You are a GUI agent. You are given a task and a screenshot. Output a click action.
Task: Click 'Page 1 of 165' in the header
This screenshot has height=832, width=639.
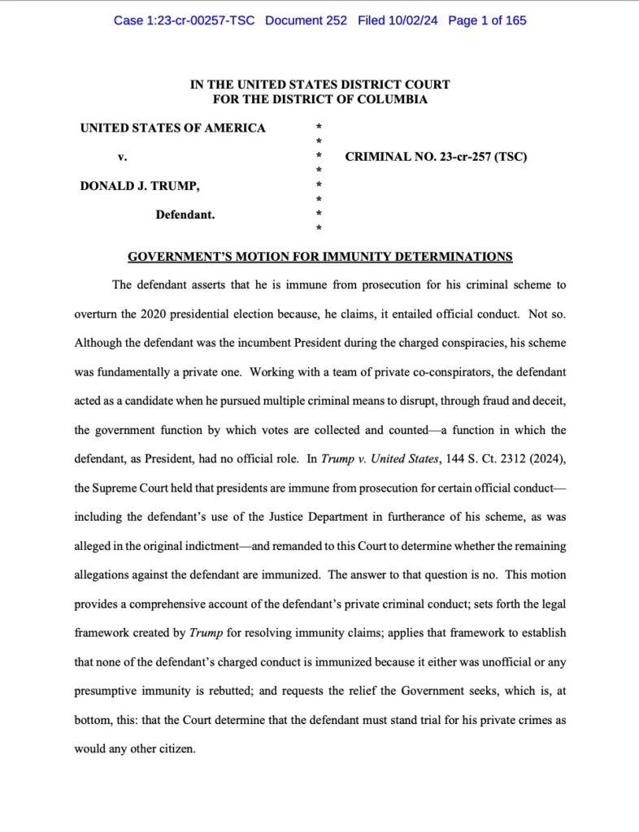(x=487, y=19)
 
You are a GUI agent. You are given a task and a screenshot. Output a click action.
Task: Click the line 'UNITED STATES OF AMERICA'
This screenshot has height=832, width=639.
(x=172, y=128)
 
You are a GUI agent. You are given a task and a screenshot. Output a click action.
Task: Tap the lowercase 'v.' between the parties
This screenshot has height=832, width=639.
(x=122, y=157)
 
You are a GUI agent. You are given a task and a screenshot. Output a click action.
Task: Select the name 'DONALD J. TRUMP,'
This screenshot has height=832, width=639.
(x=139, y=186)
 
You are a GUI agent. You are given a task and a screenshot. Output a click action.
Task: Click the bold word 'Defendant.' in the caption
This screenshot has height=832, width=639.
(x=185, y=214)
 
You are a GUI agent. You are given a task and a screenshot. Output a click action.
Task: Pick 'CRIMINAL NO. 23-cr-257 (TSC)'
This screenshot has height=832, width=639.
(x=436, y=157)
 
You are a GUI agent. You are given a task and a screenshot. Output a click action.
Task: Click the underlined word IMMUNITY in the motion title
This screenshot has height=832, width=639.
(x=355, y=257)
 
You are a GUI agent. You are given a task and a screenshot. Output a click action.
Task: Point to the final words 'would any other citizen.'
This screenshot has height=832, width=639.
(x=135, y=748)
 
